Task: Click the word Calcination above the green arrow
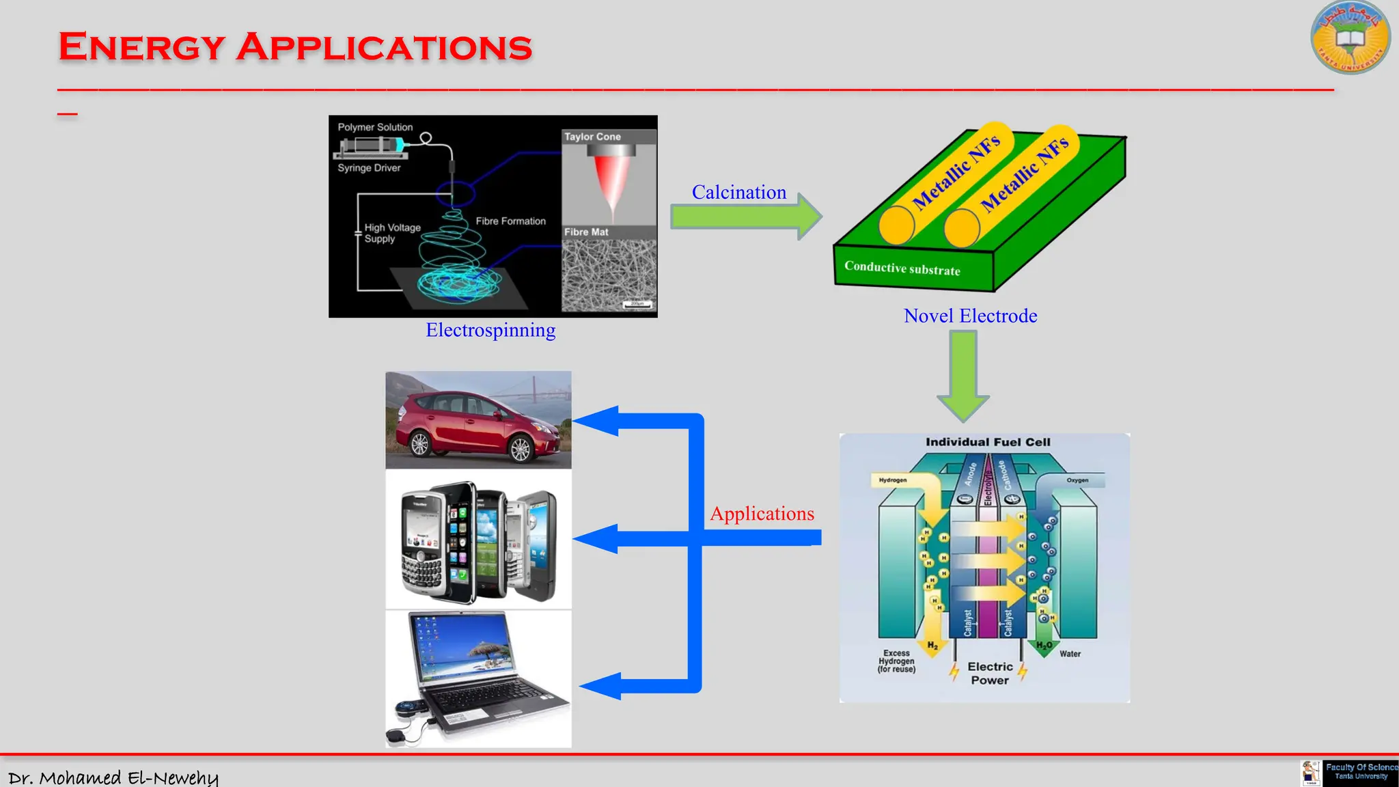738,193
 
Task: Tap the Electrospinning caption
490,330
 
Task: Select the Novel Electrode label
970,316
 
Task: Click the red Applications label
762,514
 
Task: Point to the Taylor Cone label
592,137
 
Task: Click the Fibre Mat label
586,232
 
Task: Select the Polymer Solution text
375,127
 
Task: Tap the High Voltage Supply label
391,233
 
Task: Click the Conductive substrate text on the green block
902,268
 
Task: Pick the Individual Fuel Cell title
988,442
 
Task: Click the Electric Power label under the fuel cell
990,673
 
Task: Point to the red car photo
478,420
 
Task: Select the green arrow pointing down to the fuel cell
963,376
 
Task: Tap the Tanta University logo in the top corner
1350,38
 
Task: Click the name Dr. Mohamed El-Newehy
113,777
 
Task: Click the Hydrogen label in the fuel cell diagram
892,480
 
